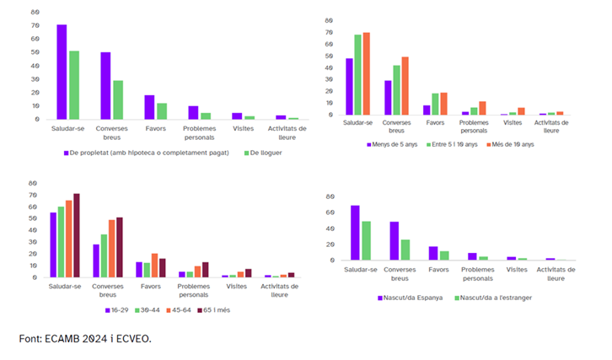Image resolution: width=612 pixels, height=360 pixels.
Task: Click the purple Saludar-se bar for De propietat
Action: click(62, 73)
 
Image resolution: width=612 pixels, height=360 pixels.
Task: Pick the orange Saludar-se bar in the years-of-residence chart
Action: click(366, 74)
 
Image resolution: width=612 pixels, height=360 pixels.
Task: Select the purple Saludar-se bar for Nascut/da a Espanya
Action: click(356, 233)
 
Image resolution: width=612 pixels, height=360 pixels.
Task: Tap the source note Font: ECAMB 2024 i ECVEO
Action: click(85, 339)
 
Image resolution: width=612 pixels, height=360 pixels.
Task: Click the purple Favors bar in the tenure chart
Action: click(149, 107)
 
